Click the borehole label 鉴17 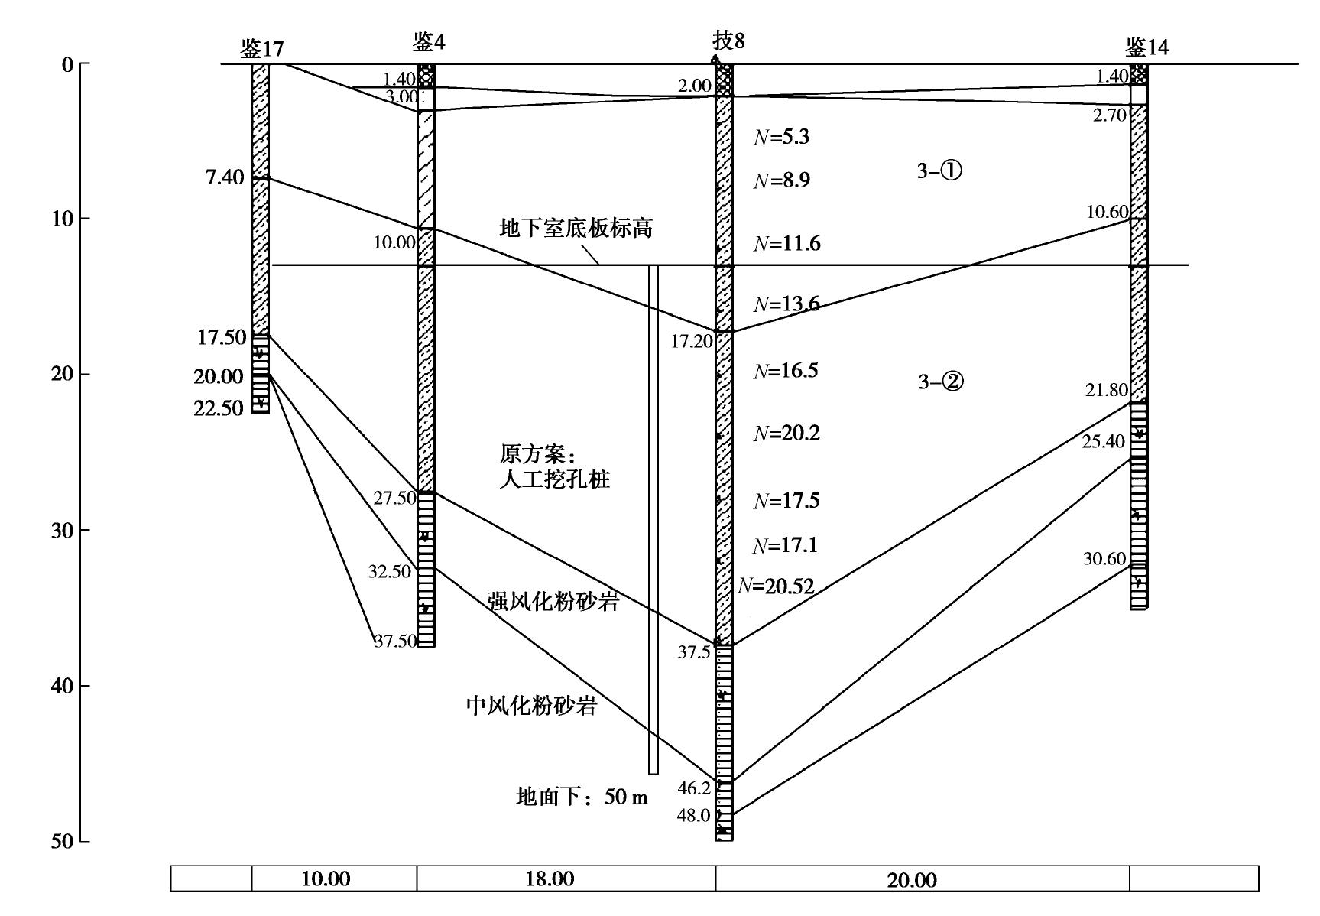(261, 50)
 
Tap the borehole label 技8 (728, 41)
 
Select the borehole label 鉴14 (1146, 47)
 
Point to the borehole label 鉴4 (429, 42)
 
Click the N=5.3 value (781, 138)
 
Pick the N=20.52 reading (775, 586)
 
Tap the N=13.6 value (786, 304)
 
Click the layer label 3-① (939, 171)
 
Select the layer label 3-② (940, 381)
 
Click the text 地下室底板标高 (576, 228)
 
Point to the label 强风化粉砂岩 (552, 602)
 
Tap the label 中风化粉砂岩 (531, 705)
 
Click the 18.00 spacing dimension (550, 879)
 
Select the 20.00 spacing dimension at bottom (912, 880)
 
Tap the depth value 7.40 (225, 178)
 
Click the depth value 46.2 (694, 788)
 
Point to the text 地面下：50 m (582, 798)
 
